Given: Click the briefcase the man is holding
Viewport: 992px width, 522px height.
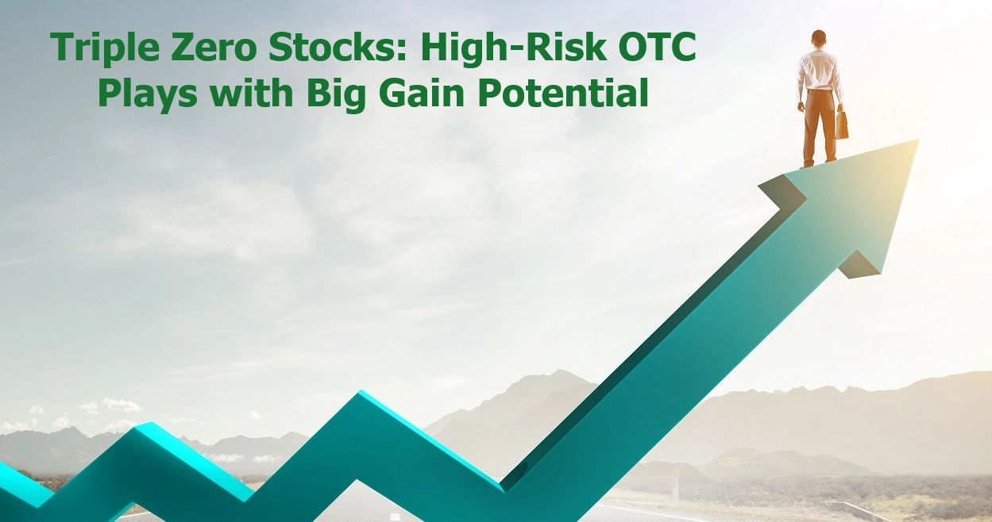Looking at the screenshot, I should (x=841, y=125).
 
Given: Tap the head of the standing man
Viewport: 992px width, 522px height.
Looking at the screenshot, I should (x=819, y=39).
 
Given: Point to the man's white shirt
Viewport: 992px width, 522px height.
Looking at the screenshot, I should (x=819, y=71).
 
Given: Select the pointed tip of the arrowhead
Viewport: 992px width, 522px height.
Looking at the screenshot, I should (x=917, y=141).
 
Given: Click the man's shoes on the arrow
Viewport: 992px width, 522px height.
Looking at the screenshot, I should (x=818, y=163).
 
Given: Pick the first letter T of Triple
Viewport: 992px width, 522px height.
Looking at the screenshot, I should (x=63, y=48).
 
